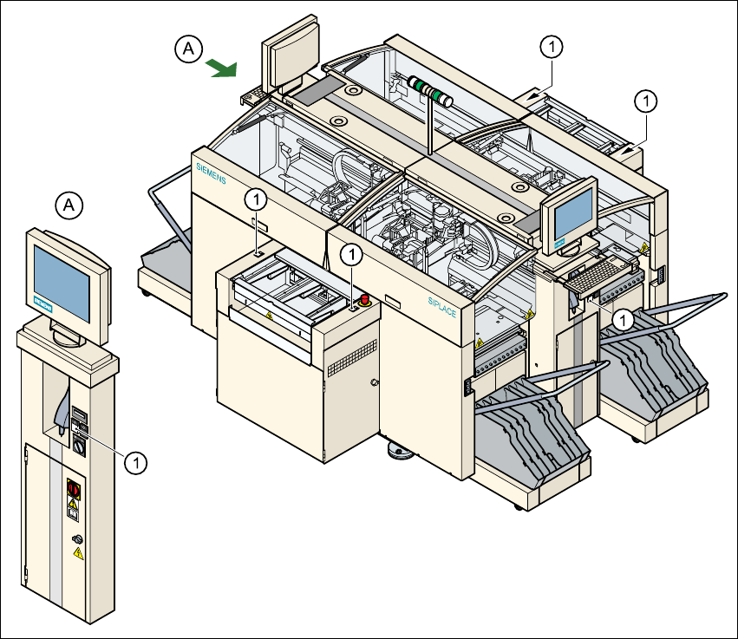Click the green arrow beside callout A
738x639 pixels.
[221, 68]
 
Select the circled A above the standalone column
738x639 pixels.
[70, 205]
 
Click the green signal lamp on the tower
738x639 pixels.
[427, 88]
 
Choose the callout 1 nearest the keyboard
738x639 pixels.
[621, 319]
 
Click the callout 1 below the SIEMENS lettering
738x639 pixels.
[255, 199]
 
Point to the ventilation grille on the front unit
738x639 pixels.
[351, 356]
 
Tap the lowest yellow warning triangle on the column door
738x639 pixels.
[78, 553]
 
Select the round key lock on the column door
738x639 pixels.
[76, 539]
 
